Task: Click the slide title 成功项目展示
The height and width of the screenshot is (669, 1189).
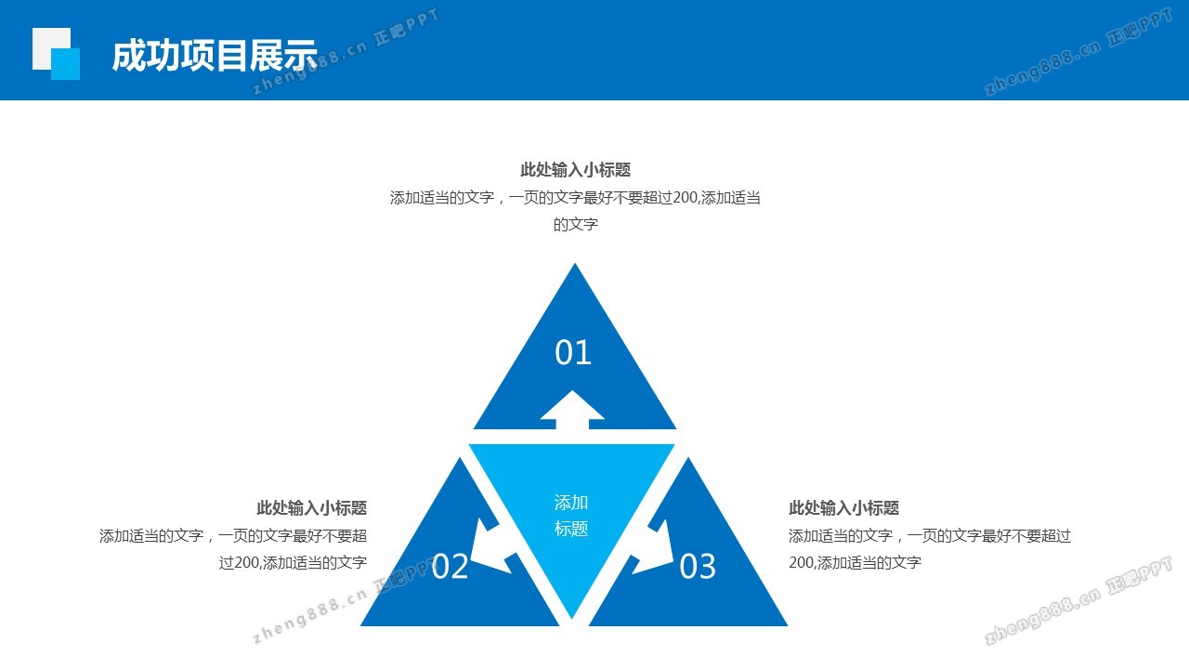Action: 215,56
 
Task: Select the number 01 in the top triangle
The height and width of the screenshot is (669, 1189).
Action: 573,353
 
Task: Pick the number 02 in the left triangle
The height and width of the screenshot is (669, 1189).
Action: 451,567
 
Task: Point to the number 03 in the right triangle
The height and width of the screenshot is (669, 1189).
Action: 698,567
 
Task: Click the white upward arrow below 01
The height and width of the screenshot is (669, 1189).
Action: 572,411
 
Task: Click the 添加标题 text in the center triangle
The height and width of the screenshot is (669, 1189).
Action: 571,516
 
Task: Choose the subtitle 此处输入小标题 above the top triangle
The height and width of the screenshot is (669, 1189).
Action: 575,170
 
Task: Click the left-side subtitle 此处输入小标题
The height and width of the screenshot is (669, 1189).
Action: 311,508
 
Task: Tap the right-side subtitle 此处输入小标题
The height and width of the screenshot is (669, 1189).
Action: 843,508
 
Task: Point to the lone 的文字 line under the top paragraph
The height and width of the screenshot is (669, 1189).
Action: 575,225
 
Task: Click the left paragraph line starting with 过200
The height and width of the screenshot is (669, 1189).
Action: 293,562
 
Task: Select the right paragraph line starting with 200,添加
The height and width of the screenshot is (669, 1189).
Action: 855,562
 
